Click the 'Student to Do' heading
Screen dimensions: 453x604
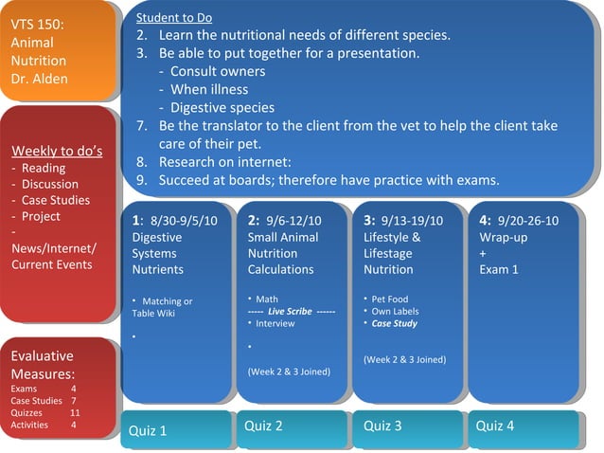coord(174,18)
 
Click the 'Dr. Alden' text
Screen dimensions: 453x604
coord(39,79)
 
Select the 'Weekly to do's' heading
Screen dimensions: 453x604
coord(57,152)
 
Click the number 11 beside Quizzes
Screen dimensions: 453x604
coord(75,413)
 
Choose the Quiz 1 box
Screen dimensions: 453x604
coord(176,430)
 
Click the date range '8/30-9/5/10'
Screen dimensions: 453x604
coord(184,221)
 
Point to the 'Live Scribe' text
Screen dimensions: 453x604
coord(290,311)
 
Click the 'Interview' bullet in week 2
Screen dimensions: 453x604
coord(275,323)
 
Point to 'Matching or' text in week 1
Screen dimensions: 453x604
coord(167,300)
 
